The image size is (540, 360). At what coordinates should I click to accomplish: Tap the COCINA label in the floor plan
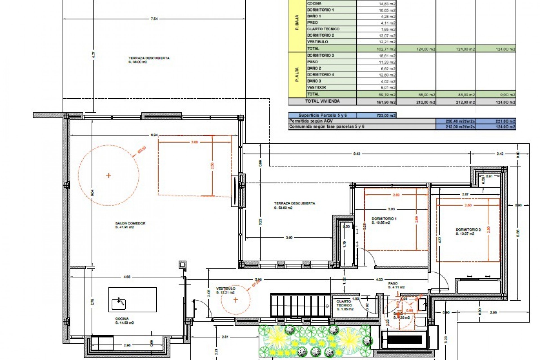(120, 319)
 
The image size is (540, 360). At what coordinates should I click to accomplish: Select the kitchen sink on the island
(119, 304)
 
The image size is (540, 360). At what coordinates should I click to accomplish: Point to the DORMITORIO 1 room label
(384, 219)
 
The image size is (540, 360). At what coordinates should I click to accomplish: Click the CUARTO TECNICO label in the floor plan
(344, 303)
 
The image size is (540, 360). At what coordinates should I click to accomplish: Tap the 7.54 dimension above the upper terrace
(154, 19)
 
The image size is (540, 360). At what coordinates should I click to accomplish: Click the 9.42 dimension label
(356, 154)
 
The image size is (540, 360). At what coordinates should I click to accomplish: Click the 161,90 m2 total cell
(386, 102)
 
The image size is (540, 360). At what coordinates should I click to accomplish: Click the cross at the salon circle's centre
(109, 175)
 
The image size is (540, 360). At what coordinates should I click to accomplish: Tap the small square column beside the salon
(182, 265)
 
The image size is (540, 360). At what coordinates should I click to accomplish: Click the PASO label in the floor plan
(393, 283)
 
